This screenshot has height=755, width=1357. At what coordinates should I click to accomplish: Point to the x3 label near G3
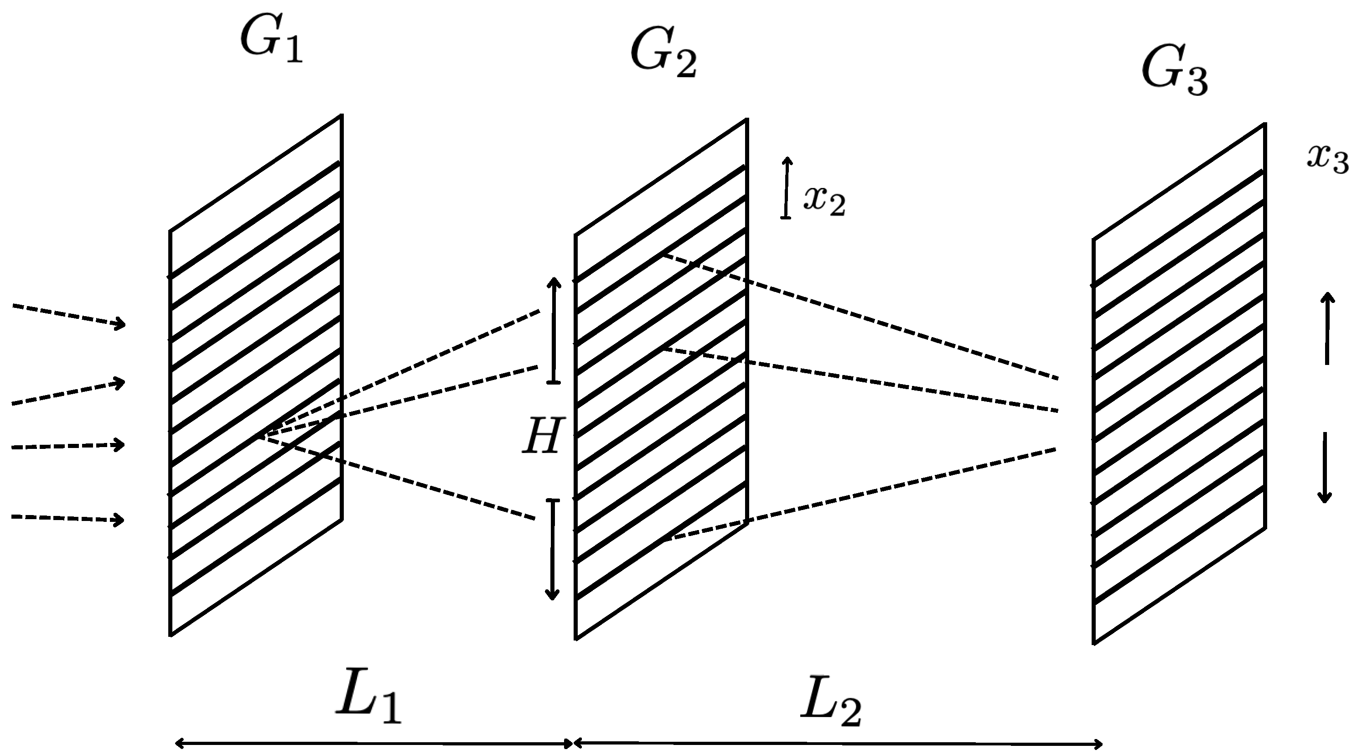pos(1327,158)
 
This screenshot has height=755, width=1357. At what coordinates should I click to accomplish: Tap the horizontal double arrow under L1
pos(373,744)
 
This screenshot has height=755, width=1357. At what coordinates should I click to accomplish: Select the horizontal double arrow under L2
pos(838,744)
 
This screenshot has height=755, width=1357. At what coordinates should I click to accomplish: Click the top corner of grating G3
pos(1265,125)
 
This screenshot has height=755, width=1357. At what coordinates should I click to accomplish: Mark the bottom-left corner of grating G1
pos(170,635)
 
